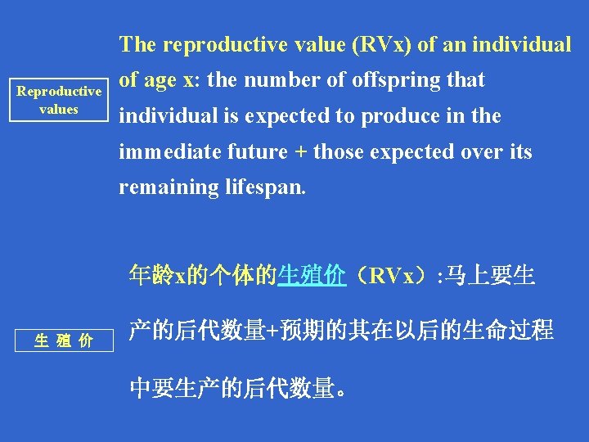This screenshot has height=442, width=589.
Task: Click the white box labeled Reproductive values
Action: tap(59, 101)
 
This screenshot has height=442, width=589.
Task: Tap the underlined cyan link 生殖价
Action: tap(310, 276)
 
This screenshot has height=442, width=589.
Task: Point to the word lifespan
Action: tap(264, 187)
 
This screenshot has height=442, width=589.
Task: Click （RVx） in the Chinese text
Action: tap(392, 276)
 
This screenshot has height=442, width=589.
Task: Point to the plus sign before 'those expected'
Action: tap(301, 152)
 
